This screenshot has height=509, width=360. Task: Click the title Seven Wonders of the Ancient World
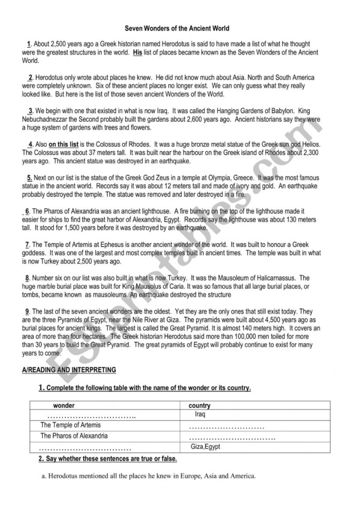tap(177, 28)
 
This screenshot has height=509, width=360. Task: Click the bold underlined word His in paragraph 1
tap(137, 52)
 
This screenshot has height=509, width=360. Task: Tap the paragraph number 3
tap(31, 111)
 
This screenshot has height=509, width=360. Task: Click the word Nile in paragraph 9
tap(164, 319)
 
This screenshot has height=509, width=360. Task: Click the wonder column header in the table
tap(64, 406)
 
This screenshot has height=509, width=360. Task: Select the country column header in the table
tap(200, 406)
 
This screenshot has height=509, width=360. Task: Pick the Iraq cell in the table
tap(200, 414)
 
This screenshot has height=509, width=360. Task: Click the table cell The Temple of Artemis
tap(70, 425)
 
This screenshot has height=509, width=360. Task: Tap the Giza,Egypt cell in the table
tap(205, 447)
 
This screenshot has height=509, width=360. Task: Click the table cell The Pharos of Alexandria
tap(74, 436)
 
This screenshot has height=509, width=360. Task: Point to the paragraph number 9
tap(27, 312)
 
